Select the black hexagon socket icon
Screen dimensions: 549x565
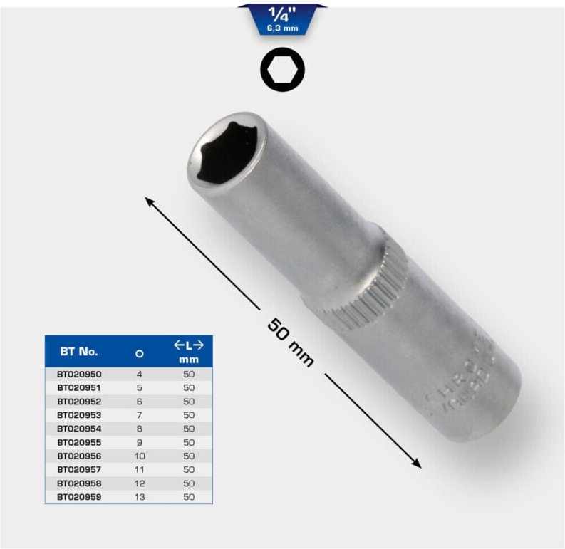click(282, 70)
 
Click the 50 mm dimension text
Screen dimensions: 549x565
click(291, 343)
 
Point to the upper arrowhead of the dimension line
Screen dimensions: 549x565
click(150, 202)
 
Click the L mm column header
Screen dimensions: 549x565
click(189, 352)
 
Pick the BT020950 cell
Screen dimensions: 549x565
click(78, 374)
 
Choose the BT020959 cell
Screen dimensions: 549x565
click(78, 496)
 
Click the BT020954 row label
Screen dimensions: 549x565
click(78, 428)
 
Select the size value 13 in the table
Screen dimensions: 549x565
click(140, 496)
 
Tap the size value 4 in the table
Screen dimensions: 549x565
click(140, 374)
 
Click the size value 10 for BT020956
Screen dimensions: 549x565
click(140, 456)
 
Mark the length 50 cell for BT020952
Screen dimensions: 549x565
click(189, 401)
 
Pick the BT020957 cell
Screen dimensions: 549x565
click(78, 469)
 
